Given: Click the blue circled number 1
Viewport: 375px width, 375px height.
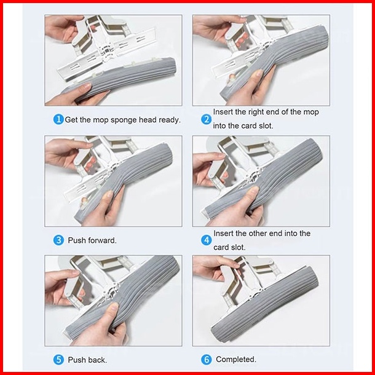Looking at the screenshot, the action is tap(58, 119).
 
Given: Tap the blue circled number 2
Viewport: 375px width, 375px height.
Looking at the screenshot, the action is tap(206, 119).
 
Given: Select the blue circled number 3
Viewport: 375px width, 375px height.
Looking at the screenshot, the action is tap(58, 240).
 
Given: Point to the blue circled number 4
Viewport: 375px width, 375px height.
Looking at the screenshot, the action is tap(206, 240).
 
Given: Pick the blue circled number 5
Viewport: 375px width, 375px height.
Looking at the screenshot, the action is tap(58, 360).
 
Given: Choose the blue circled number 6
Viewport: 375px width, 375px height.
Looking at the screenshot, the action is tap(206, 360).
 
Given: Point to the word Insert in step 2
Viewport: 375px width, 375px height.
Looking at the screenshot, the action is tap(223, 112).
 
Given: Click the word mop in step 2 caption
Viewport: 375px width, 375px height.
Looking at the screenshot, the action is tap(311, 112).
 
